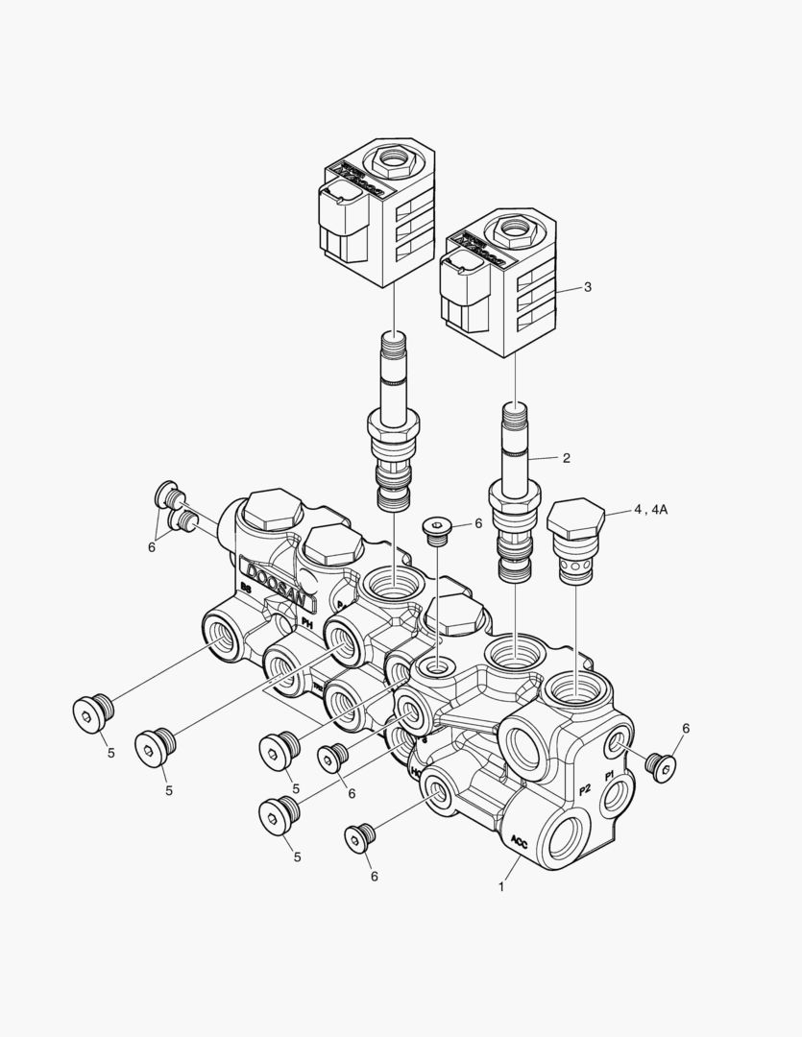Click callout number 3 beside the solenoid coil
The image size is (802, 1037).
pos(588,286)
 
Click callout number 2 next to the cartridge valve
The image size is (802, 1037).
pos(567,458)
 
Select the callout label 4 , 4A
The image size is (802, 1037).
pos(649,510)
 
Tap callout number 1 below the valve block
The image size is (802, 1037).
pos(500,887)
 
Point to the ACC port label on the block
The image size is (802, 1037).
pos(519,841)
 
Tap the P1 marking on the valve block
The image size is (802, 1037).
pos(609,776)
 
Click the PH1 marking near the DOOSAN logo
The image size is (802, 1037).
pos(307,623)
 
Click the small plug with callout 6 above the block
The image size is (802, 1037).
pos(437,529)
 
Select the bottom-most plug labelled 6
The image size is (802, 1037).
pos(359,838)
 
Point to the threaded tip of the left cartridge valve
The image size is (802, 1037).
pos(395,343)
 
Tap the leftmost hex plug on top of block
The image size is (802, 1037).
pos(268,510)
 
